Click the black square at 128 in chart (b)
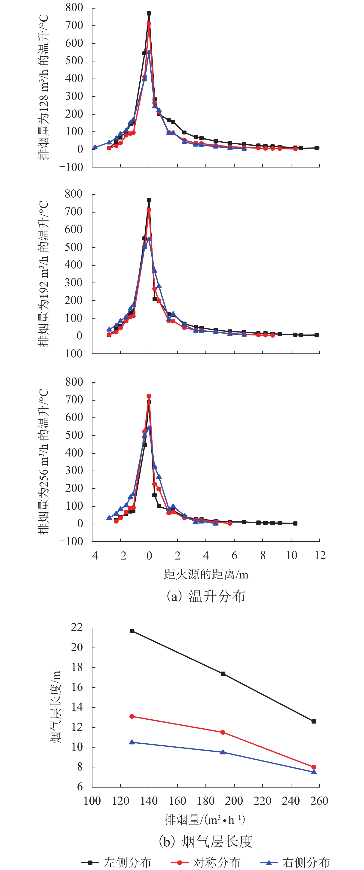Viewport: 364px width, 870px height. pos(132,631)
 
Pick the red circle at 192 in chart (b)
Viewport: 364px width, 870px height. pos(223,732)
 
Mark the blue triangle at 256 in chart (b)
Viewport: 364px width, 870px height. pos(314,772)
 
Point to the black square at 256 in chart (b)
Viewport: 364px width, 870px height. pos(314,721)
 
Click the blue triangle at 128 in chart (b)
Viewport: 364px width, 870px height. pos(132,742)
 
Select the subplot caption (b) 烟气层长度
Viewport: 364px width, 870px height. pos(206,841)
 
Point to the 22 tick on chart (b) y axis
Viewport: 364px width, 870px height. pos(77,627)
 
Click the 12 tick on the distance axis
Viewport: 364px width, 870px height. pos(319,555)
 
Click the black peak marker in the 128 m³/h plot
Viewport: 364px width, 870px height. pos(149,13)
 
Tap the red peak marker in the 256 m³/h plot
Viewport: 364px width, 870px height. pos(149,396)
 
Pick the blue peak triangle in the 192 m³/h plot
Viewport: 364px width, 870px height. pos(149,239)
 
